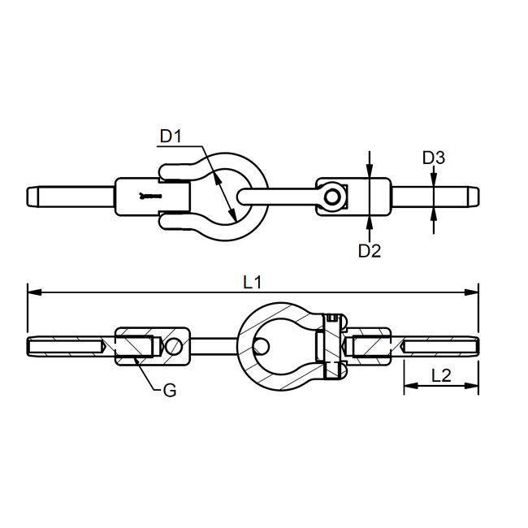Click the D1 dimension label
[x=171, y=136]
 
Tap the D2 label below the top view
[x=370, y=251]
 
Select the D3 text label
[x=434, y=158]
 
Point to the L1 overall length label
[x=253, y=282]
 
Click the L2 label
[x=441, y=375]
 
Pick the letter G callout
[x=169, y=391]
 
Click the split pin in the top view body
[x=149, y=197]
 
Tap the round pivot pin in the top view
[x=333, y=197]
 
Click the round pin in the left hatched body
[x=171, y=347]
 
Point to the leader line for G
[x=146, y=375]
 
